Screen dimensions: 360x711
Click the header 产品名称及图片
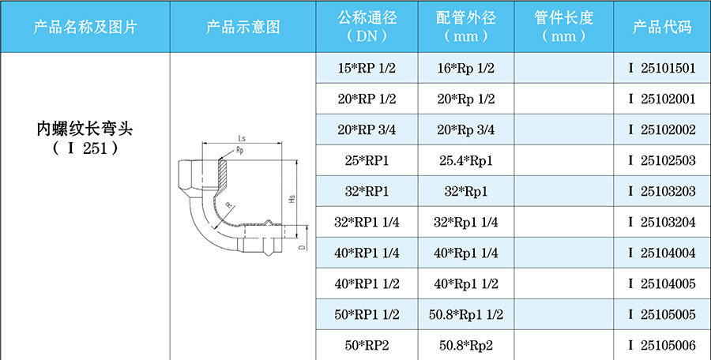coord(85,27)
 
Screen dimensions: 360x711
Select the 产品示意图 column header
coord(243,27)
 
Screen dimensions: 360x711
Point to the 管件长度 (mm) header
coord(563,27)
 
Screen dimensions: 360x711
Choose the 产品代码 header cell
coord(661,27)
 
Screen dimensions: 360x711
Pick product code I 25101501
coord(661,69)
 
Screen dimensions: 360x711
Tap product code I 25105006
coord(661,345)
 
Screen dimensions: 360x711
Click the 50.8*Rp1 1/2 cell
coord(465,314)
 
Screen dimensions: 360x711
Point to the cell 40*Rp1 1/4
coord(465,253)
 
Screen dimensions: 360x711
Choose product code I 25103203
coord(661,192)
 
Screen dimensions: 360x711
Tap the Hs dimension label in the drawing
coord(292,199)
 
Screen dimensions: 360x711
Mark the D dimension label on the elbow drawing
coord(302,246)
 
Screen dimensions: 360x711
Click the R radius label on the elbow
coord(228,204)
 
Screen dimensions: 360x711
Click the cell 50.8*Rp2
coord(465,345)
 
